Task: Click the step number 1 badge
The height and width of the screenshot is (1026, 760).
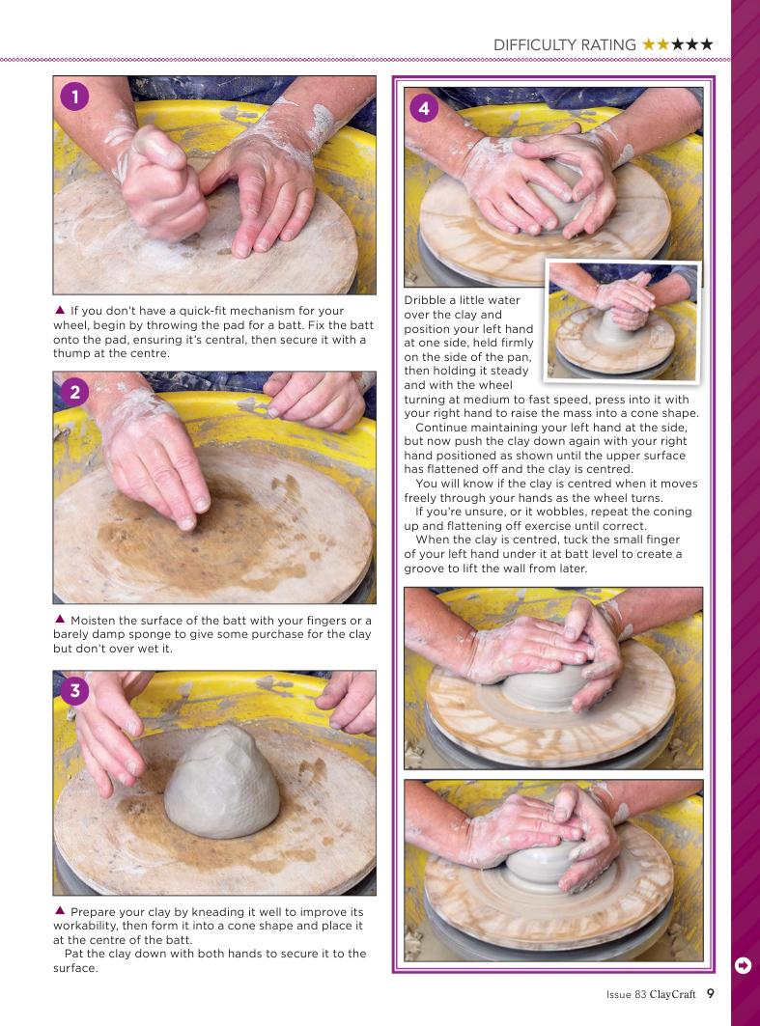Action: pyautogui.click(x=74, y=97)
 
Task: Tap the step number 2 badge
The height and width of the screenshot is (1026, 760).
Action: pyautogui.click(x=74, y=392)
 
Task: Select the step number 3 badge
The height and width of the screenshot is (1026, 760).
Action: pyautogui.click(x=74, y=690)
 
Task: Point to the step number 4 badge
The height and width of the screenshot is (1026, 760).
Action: pyautogui.click(x=424, y=108)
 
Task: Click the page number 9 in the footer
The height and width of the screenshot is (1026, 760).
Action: pyautogui.click(x=710, y=993)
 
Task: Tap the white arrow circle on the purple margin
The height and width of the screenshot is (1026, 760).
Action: pyautogui.click(x=743, y=965)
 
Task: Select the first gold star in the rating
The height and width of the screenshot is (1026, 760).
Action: pyautogui.click(x=649, y=43)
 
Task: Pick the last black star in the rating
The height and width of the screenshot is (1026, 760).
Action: pyautogui.click(x=706, y=43)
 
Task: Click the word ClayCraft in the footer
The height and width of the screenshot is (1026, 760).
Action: pyautogui.click(x=672, y=994)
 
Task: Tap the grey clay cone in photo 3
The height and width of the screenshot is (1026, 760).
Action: pyautogui.click(x=222, y=782)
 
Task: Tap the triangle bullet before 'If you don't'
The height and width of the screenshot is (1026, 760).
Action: pyautogui.click(x=60, y=310)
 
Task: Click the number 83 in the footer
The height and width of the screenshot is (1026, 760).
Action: pyautogui.click(x=640, y=994)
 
